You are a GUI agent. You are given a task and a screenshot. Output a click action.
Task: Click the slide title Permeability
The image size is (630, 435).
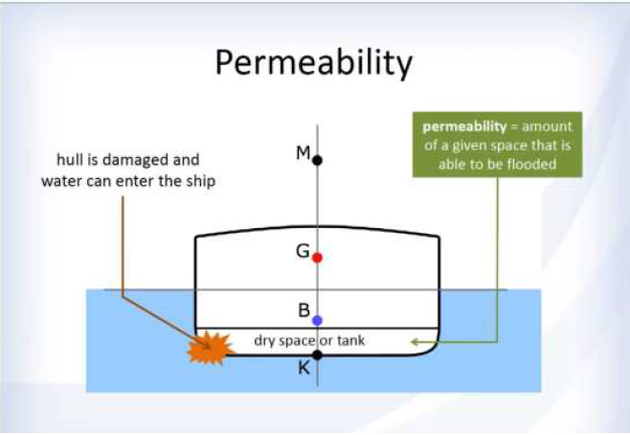click(x=314, y=63)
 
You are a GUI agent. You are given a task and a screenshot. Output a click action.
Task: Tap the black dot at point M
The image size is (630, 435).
click(x=318, y=160)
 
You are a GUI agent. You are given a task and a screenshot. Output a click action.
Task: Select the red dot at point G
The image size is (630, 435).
click(x=318, y=258)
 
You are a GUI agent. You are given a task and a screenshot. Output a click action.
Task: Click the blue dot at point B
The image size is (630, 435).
click(x=318, y=320)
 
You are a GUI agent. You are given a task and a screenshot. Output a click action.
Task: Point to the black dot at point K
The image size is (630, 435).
click(x=318, y=355)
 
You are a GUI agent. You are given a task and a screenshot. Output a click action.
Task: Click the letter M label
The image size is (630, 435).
click(x=304, y=152)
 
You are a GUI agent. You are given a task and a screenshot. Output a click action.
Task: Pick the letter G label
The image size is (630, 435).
click(x=303, y=251)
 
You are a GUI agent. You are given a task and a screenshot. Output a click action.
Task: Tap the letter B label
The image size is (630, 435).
click(x=304, y=310)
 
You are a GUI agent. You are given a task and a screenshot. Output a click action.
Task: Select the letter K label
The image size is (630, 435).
click(x=304, y=368)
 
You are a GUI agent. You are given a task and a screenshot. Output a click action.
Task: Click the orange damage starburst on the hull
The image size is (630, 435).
click(x=209, y=348)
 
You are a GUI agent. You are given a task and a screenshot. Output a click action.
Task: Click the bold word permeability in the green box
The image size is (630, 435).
click(x=464, y=127)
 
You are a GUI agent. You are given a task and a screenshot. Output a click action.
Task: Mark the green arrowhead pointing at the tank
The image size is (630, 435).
click(x=416, y=342)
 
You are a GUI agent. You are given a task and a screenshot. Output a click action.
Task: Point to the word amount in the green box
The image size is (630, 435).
click(x=547, y=126)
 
